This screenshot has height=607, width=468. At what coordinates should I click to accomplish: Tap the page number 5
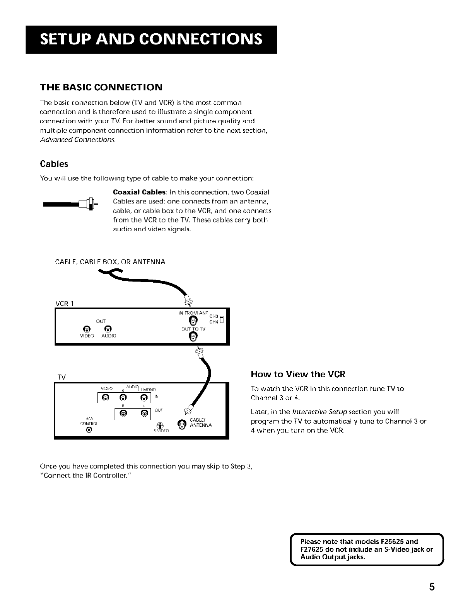(x=432, y=587)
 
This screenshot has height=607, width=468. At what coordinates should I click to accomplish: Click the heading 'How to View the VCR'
(x=298, y=374)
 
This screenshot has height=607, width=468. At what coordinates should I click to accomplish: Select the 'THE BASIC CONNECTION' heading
(x=101, y=86)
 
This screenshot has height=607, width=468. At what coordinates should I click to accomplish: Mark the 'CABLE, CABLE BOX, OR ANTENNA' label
(x=111, y=262)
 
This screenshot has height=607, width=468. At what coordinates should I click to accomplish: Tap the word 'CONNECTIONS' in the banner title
(x=200, y=39)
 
